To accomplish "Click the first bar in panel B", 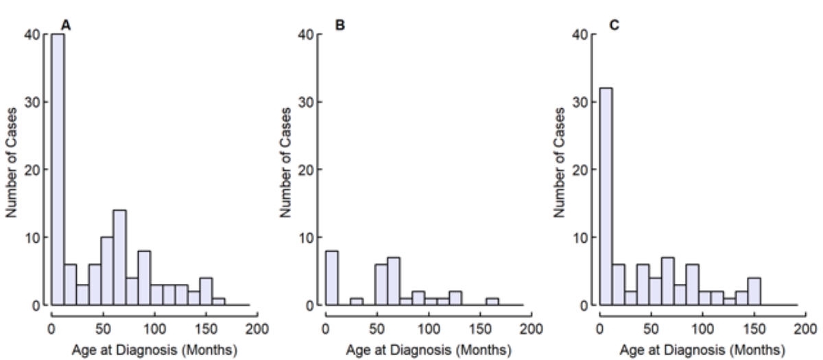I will (332, 278).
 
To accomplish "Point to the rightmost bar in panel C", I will (753, 291).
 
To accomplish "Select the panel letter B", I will (339, 25).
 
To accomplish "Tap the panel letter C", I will (614, 25).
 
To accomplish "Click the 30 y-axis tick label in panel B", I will (307, 102).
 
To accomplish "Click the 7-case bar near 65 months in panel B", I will (394, 281).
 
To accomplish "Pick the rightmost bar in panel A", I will (219, 302).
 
